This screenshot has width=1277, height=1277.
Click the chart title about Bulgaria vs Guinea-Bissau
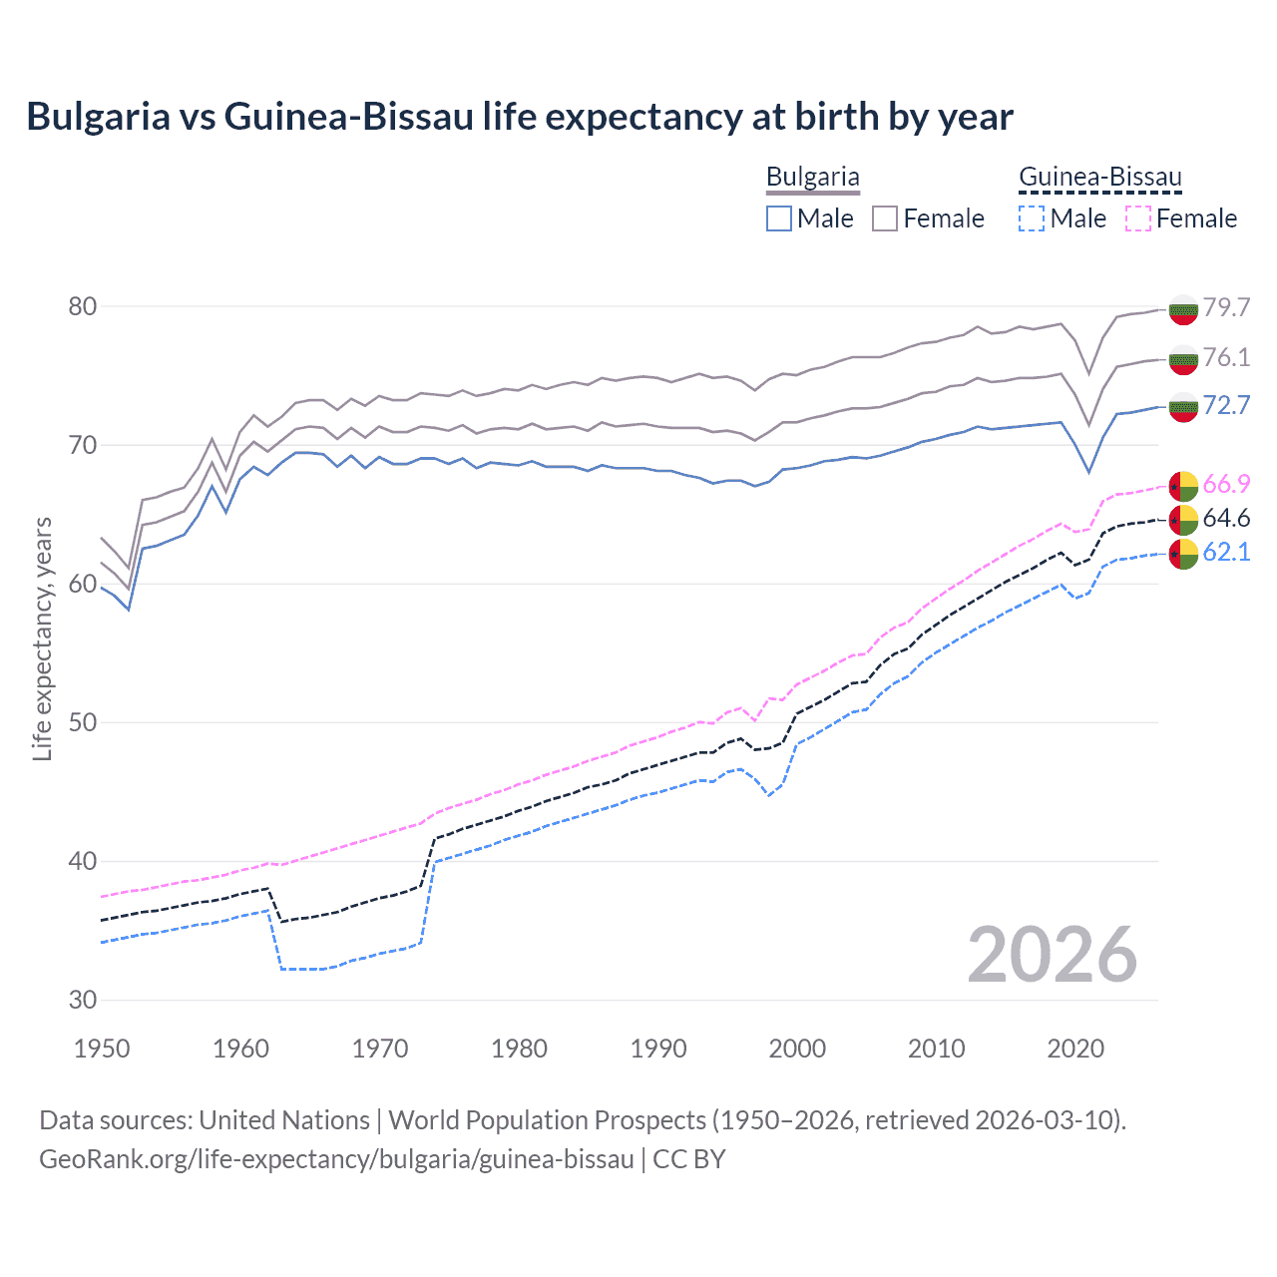tap(520, 117)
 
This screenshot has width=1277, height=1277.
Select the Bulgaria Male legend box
tap(779, 218)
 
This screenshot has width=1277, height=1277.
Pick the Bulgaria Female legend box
tap(885, 218)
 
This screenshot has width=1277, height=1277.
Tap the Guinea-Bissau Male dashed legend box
tap(1033, 218)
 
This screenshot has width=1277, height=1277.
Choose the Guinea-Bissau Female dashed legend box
tap(1138, 218)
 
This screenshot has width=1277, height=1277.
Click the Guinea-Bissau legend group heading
tap(1099, 178)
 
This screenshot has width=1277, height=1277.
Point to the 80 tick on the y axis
tap(83, 306)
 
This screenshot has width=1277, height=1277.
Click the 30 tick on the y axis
tap(83, 1000)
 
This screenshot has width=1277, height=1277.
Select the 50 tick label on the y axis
tap(83, 722)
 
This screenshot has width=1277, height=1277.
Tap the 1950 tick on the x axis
tap(102, 1049)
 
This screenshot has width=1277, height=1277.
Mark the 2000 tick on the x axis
tap(797, 1049)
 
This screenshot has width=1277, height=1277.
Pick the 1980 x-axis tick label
tap(519, 1049)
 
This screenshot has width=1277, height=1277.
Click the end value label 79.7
tap(1226, 307)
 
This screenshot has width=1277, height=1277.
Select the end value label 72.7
tap(1226, 405)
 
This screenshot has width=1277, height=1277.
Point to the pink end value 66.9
tap(1226, 485)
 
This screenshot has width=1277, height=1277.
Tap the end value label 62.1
tap(1226, 552)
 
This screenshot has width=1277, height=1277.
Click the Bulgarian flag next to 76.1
tap(1183, 359)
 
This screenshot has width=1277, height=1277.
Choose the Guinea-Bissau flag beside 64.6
tap(1183, 519)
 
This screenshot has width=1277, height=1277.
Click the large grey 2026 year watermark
tap(1052, 955)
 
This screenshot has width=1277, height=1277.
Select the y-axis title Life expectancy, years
tap(43, 638)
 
